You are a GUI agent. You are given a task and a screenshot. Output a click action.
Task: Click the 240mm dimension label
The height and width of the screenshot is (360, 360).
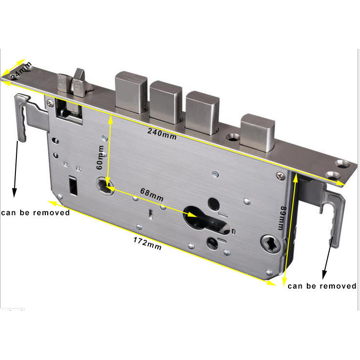pyautogui.click(x=162, y=134)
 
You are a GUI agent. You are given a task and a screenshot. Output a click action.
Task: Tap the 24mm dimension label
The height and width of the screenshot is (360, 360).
pyautogui.click(x=21, y=70)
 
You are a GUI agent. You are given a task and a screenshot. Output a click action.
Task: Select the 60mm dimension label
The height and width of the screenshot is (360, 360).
pyautogui.click(x=100, y=157)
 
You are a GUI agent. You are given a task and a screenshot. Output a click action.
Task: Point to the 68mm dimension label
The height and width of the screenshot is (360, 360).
pyautogui.click(x=152, y=194)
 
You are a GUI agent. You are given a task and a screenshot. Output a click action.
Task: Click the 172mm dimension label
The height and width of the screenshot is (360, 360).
pyautogui.click(x=147, y=243)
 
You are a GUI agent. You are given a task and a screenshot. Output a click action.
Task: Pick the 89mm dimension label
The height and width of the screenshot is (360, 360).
pyautogui.click(x=282, y=218)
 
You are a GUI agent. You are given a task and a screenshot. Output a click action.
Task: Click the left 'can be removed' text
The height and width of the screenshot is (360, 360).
pyautogui.click(x=35, y=213)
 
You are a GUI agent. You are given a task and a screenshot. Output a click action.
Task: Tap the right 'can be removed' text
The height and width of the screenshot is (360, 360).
pyautogui.click(x=322, y=286)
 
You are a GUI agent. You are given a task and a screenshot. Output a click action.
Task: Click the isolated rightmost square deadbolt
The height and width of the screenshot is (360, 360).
pyautogui.click(x=258, y=133)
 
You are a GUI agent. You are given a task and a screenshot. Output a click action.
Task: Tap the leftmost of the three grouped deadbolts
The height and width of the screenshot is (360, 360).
pyautogui.click(x=131, y=92)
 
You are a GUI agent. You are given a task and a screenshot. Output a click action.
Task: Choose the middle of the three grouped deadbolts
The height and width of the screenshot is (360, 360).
pyautogui.click(x=166, y=102)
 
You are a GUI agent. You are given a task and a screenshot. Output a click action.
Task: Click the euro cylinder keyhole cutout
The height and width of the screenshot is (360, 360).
pyautogui.click(x=207, y=221)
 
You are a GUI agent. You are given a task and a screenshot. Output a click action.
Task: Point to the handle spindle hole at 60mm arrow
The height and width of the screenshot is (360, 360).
pyautogui.click(x=105, y=185)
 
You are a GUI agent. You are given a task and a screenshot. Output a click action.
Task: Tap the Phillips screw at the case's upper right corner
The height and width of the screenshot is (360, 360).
pyautogui.click(x=280, y=176)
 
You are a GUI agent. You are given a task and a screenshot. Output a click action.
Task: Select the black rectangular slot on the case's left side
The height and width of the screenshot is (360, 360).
pyautogui.click(x=73, y=185)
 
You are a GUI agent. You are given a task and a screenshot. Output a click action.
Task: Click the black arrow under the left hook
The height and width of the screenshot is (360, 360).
pyautogui.click(x=15, y=169)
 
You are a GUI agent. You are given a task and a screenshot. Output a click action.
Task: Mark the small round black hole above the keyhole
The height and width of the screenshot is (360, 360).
pyautogui.click(x=214, y=204)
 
